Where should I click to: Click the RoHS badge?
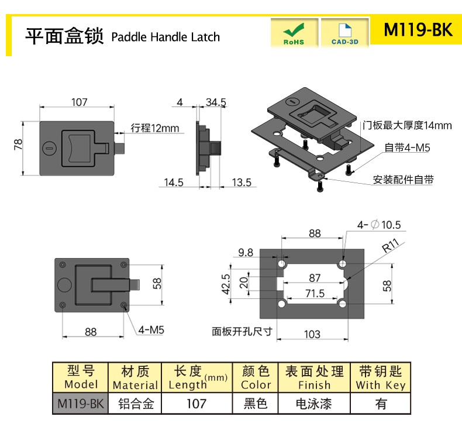click(x=294, y=33)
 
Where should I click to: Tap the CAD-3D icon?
click(x=344, y=33)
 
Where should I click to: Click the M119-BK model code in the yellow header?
click(x=418, y=29)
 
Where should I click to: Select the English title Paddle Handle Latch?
click(x=166, y=37)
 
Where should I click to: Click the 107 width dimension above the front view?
click(x=80, y=102)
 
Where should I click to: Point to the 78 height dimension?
click(x=18, y=145)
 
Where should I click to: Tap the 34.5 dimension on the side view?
click(x=216, y=102)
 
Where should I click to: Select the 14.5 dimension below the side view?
click(x=174, y=183)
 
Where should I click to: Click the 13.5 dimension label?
click(x=242, y=183)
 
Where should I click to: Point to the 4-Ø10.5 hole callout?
click(x=379, y=225)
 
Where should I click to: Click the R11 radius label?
click(x=391, y=245)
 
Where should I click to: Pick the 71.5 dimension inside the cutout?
click(x=315, y=294)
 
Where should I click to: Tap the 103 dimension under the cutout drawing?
click(x=312, y=334)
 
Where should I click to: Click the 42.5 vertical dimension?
click(x=226, y=284)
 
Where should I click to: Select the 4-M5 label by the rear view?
click(x=151, y=330)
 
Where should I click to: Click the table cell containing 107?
click(x=197, y=404)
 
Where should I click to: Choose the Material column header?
click(x=135, y=377)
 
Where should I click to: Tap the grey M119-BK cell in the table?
click(x=81, y=404)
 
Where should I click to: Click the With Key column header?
click(x=380, y=377)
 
